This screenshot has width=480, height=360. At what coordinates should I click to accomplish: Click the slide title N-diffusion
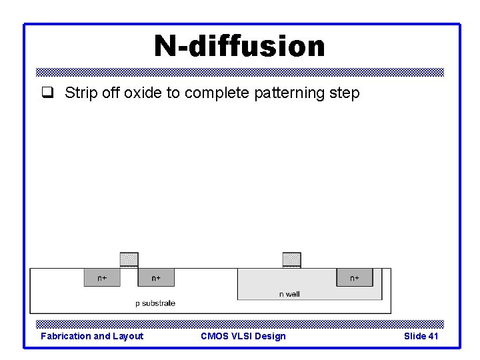(239, 47)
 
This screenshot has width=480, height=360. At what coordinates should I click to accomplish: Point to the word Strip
(79, 93)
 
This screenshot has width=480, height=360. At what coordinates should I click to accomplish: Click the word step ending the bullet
(345, 93)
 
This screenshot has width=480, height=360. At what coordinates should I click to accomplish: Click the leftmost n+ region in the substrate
(102, 277)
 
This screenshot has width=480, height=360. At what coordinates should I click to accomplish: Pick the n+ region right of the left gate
(156, 277)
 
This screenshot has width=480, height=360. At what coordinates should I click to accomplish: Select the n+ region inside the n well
(354, 277)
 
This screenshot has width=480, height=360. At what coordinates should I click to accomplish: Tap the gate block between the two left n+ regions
(129, 259)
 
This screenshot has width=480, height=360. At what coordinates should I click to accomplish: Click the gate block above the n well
(291, 259)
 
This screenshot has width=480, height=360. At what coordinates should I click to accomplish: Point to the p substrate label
(155, 303)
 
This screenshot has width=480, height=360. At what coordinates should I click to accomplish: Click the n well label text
(289, 294)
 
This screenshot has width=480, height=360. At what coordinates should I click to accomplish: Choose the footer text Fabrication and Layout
(92, 336)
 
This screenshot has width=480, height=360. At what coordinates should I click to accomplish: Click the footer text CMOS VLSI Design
(243, 336)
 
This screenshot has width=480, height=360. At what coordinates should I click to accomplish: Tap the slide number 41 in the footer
(433, 336)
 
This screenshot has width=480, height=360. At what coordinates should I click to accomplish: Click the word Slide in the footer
(415, 336)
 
